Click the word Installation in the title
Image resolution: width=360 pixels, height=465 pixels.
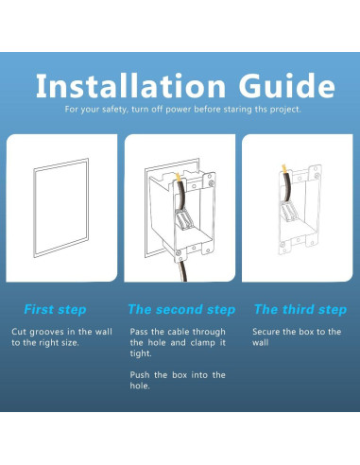(x=130, y=86)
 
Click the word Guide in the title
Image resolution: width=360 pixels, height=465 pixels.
(x=287, y=85)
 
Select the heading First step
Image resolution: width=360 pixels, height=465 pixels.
(x=55, y=309)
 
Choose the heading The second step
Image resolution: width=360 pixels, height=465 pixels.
(x=181, y=309)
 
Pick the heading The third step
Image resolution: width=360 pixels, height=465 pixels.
(x=300, y=309)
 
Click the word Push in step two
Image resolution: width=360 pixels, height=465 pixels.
(x=140, y=375)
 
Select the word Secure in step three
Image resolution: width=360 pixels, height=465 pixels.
(x=266, y=332)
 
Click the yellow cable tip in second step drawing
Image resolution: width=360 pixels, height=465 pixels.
(x=178, y=178)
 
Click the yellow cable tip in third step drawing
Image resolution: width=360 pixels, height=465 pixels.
(x=283, y=169)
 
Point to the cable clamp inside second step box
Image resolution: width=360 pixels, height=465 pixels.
(x=183, y=222)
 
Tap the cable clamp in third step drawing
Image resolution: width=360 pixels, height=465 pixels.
(x=289, y=213)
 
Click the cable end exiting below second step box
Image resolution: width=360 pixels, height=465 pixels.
(x=183, y=278)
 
